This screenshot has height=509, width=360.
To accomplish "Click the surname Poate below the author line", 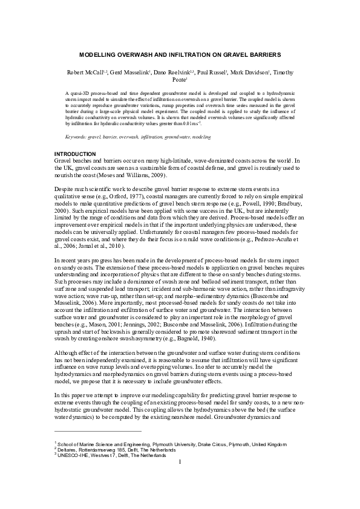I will (x=179, y=80).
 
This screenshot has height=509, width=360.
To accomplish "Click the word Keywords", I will (x=76, y=138).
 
